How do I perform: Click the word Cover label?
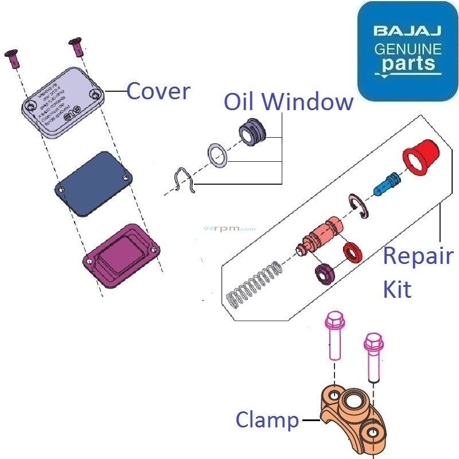tap(158, 91)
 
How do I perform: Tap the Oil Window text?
tap(288, 102)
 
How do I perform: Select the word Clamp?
tap(267, 421)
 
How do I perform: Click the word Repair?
tap(418, 256)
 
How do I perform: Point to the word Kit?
tap(397, 289)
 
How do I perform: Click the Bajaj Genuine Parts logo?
tap(408, 52)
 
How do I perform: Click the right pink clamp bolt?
tap(373, 356)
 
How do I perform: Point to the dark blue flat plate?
tap(94, 184)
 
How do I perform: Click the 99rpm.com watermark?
tap(229, 228)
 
